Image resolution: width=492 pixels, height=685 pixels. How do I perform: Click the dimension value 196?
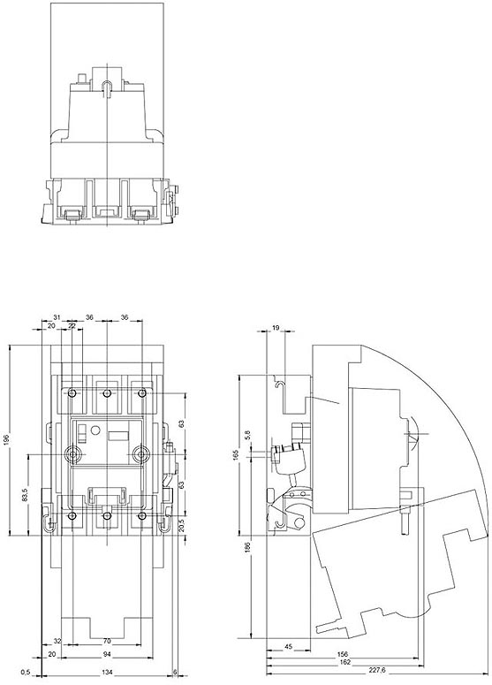pyautogui.click(x=7, y=440)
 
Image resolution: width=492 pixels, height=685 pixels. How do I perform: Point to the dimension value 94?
pyautogui.click(x=107, y=654)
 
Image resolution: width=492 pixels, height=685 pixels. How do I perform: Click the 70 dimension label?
pyautogui.click(x=107, y=641)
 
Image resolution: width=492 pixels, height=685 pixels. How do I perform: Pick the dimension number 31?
pyautogui.click(x=57, y=318)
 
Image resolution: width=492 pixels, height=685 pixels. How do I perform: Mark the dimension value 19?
pyautogui.click(x=276, y=328)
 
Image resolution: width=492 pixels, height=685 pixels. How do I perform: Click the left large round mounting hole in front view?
pyautogui.click(x=72, y=453)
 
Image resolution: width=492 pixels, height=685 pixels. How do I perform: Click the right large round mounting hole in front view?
pyautogui.click(x=139, y=453)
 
